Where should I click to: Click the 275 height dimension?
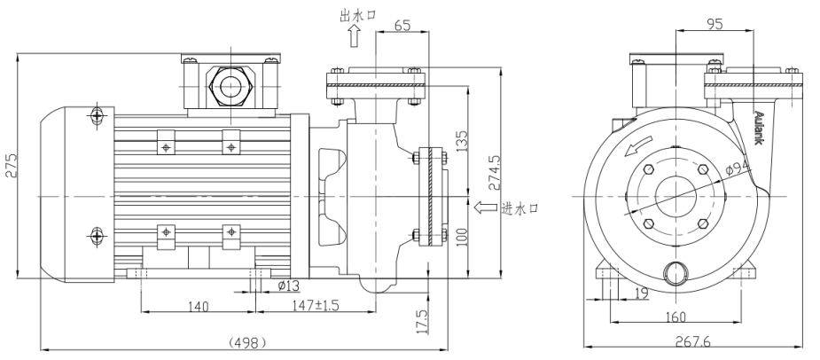click(11, 164)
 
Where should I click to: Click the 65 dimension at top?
click(402, 26)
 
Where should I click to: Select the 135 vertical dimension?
click(461, 140)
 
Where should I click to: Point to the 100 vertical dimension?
click(461, 238)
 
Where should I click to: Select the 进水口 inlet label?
click(519, 208)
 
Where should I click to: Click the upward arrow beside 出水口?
click(354, 36)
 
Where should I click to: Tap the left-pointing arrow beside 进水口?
click(485, 208)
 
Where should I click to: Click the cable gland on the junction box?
click(230, 87)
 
